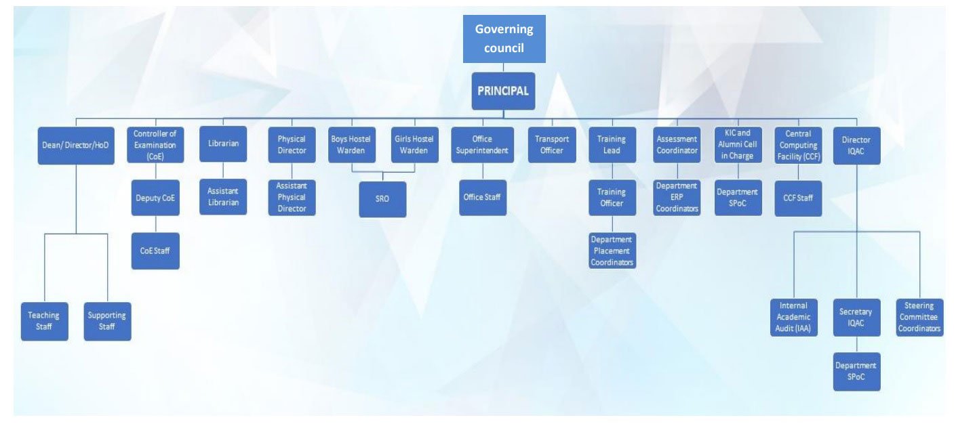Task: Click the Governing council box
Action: pyautogui.click(x=504, y=39)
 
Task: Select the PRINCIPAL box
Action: pyautogui.click(x=503, y=91)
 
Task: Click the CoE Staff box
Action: pyautogui.click(x=155, y=251)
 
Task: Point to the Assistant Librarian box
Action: pyautogui.click(x=223, y=197)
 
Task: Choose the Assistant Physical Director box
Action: pyautogui.click(x=292, y=197)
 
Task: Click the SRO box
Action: pyautogui.click(x=382, y=199)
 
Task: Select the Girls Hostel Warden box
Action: pyautogui.click(x=414, y=145)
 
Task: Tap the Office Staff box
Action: pyautogui.click(x=483, y=197)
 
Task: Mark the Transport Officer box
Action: pyautogui.click(x=551, y=145)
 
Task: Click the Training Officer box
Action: pyautogui.click(x=612, y=197)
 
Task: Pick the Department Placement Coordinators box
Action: pyautogui.click(x=612, y=251)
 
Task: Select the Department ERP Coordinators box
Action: pyautogui.click(x=677, y=197)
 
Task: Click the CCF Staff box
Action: pyautogui.click(x=798, y=198)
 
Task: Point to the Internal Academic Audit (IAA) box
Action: pyautogui.click(x=793, y=318)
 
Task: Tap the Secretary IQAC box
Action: pyautogui.click(x=856, y=318)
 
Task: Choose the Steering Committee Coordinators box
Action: pyautogui.click(x=919, y=318)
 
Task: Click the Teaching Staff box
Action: pyautogui.click(x=44, y=321)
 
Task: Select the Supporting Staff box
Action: pyautogui.click(x=107, y=321)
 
